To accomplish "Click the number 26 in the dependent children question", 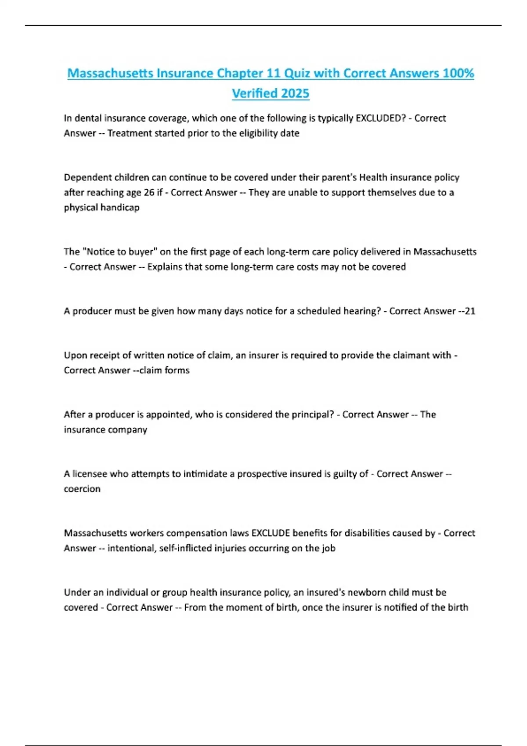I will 149,192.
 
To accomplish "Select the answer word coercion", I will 82,488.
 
